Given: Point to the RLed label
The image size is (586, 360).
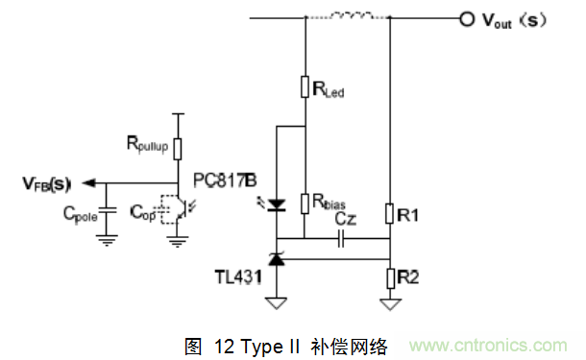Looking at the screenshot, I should coord(329,91).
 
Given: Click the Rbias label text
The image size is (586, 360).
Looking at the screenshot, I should coord(329,204).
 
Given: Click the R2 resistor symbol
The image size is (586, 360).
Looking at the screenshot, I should coord(390,277).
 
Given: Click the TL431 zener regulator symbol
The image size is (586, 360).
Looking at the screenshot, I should coord(277,257).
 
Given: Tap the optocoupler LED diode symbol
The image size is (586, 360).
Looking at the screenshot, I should coord(277,204).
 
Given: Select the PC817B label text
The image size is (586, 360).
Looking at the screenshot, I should coord(225,180).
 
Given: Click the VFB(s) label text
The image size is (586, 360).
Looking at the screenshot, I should coord(47,182).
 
